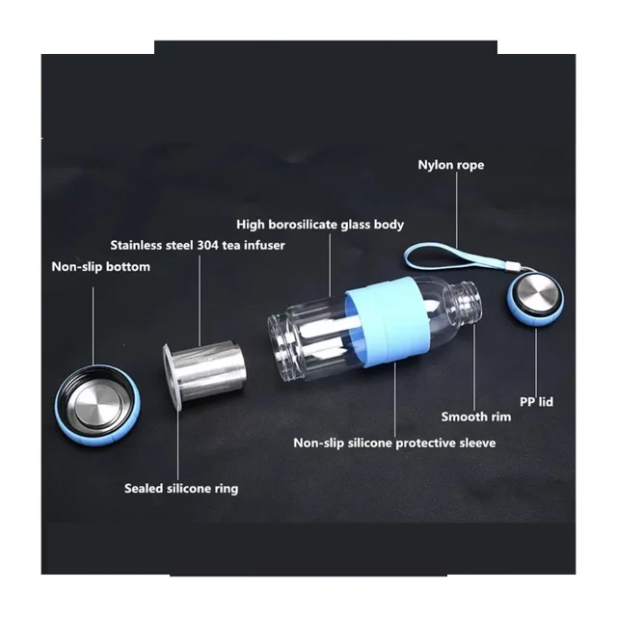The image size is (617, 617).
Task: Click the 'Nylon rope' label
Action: [451, 165]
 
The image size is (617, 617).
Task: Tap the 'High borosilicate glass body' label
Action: [320, 225]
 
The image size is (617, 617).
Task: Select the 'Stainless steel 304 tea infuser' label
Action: [198, 245]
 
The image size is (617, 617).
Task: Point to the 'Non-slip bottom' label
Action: [100, 267]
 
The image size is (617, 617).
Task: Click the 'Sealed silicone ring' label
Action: [181, 489]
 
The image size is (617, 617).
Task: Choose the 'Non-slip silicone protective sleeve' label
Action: [394, 443]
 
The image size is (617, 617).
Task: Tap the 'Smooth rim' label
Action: [476, 416]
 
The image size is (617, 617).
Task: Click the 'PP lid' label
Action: [536, 402]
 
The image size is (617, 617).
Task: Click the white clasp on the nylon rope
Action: [511, 267]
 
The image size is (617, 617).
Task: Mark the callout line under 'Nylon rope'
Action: [457, 211]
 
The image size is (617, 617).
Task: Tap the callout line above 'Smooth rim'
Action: [474, 367]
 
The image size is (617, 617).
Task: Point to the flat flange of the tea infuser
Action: [172, 377]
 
